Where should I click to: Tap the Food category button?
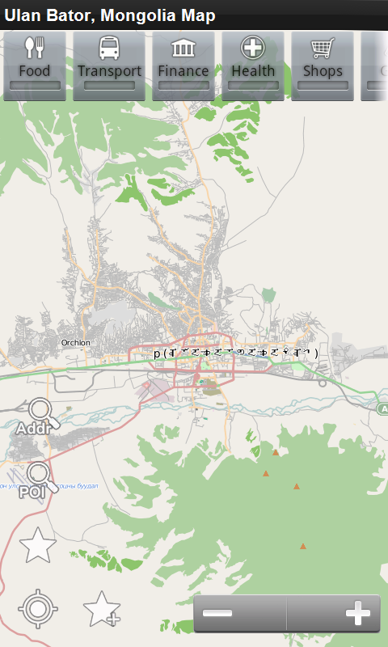[x=34, y=66]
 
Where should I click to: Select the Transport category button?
[x=109, y=66]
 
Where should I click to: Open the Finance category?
[x=183, y=66]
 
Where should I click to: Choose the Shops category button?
[x=323, y=66]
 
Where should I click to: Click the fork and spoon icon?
[x=34, y=48]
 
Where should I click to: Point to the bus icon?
[x=109, y=48]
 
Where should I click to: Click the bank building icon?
[x=183, y=48]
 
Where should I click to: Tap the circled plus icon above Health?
[x=253, y=48]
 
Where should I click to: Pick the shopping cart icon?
[x=323, y=48]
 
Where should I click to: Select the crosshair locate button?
[x=37, y=609]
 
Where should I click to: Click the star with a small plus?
[x=102, y=609]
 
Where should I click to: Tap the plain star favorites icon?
[x=37, y=546]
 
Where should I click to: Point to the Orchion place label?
[x=76, y=343]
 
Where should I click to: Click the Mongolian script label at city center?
[x=236, y=353]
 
